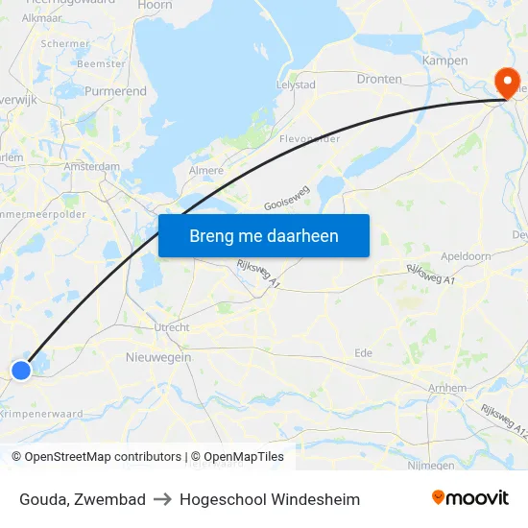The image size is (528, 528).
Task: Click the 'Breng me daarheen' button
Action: coord(263,236)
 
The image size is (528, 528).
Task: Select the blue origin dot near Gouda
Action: coord(21,370)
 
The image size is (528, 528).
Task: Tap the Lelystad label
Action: coord(296,85)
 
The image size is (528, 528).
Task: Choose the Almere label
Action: coord(206,171)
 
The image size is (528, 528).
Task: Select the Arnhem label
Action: coord(448,388)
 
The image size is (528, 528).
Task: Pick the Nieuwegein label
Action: coord(158,357)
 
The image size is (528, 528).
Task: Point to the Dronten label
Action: coord(379,79)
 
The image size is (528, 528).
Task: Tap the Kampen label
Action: coord(444,61)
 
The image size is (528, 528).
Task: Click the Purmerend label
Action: coord(115,92)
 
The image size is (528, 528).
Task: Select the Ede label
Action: coord(363,353)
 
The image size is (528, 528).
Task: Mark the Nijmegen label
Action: coord(431,466)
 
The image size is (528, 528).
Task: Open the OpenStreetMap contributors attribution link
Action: coord(103,457)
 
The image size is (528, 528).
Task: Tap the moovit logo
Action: coord(470,498)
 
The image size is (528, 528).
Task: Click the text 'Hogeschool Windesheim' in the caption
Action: coord(270,499)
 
